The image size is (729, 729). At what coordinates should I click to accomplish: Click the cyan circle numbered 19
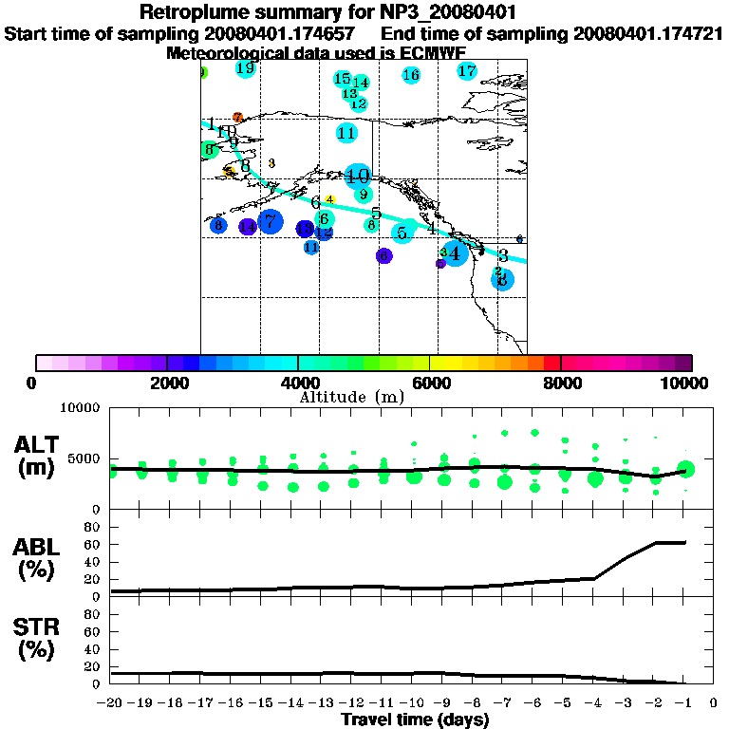click(246, 68)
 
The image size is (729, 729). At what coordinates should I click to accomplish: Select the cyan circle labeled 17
click(467, 71)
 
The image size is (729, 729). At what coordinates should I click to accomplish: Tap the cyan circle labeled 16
click(411, 75)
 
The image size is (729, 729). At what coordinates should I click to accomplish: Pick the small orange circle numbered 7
click(237, 118)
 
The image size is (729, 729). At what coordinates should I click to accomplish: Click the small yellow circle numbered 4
click(329, 199)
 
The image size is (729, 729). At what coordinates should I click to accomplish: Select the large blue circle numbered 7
click(271, 221)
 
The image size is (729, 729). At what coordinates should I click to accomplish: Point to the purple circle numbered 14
click(247, 227)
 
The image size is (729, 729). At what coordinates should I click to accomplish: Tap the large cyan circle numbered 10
click(358, 176)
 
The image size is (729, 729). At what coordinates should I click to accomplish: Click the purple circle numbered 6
click(383, 255)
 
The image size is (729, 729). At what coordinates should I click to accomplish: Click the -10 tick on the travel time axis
click(414, 703)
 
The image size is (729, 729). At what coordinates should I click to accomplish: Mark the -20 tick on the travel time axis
click(112, 703)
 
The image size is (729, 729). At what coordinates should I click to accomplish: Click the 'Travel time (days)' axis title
click(415, 720)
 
